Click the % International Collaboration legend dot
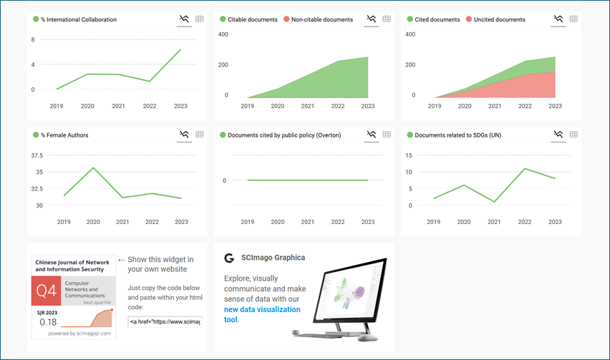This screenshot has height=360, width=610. point(36,19)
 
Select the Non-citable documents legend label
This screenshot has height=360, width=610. point(321,19)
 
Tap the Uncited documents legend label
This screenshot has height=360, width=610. point(499,19)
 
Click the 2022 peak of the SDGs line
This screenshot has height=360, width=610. point(525,169)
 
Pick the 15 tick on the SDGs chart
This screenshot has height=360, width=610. point(409,155)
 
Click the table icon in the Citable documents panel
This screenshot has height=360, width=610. point(387,19)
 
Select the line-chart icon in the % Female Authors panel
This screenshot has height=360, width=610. point(184,134)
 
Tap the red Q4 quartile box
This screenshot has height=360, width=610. point(47,291)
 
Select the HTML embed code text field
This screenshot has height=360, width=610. point(165,322)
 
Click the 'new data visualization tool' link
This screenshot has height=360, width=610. point(262,314)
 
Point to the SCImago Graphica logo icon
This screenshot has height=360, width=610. point(229,258)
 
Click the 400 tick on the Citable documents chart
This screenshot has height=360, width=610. point(223,34)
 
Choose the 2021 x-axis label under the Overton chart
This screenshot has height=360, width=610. point(307,222)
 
